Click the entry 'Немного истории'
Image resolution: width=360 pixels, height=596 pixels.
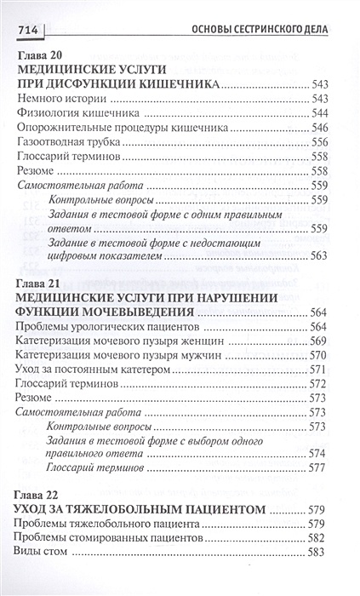[x=57, y=99]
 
